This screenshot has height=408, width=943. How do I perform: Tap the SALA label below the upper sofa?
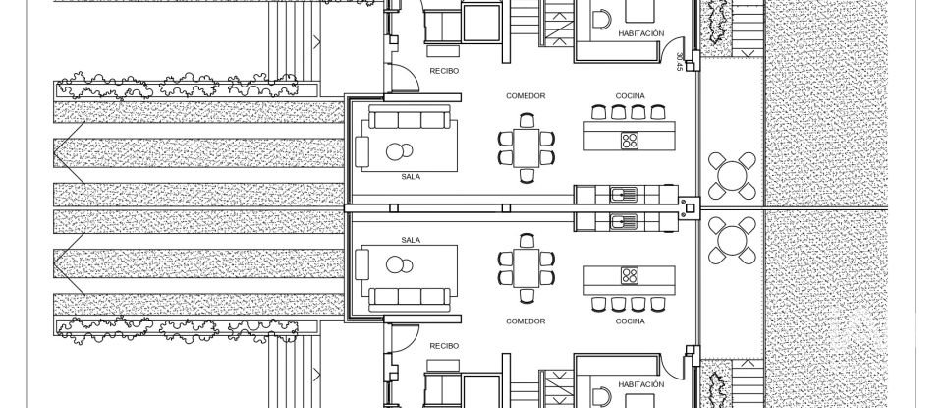(x=412, y=178)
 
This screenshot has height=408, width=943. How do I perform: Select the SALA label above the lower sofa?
(x=412, y=239)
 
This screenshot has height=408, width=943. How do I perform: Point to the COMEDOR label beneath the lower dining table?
(x=525, y=321)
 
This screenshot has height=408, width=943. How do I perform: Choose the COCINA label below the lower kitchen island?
(x=630, y=321)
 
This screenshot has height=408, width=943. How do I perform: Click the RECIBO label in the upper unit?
(x=445, y=71)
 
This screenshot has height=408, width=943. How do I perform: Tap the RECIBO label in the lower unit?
(x=445, y=346)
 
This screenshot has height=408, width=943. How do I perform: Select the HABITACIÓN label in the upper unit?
(x=640, y=33)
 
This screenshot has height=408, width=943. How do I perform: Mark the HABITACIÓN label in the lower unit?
(x=640, y=384)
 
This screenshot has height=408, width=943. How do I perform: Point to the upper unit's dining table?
(x=525, y=146)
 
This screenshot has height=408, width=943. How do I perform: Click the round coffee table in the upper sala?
(x=399, y=151)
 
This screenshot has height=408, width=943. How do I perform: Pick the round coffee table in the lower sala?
(x=399, y=264)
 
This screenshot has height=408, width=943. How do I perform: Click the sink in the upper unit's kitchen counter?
(x=619, y=193)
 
